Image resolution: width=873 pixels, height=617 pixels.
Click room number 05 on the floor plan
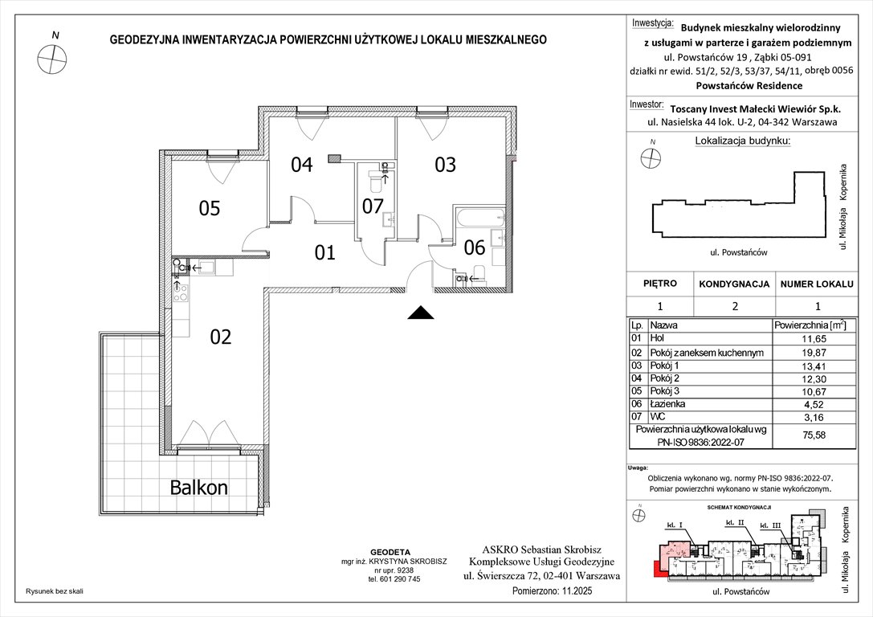point(209,209)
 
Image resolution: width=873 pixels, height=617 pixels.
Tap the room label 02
point(220,337)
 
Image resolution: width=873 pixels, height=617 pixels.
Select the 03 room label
point(445,165)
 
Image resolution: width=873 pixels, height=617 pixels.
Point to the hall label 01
point(324,254)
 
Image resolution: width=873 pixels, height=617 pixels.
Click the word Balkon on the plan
point(198,487)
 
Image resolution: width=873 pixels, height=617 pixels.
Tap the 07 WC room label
point(372,206)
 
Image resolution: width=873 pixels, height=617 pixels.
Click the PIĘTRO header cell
point(660,284)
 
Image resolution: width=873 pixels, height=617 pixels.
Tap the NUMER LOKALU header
point(818,284)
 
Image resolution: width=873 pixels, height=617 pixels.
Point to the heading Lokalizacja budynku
point(741,141)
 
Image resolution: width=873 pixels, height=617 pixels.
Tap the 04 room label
point(301,165)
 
